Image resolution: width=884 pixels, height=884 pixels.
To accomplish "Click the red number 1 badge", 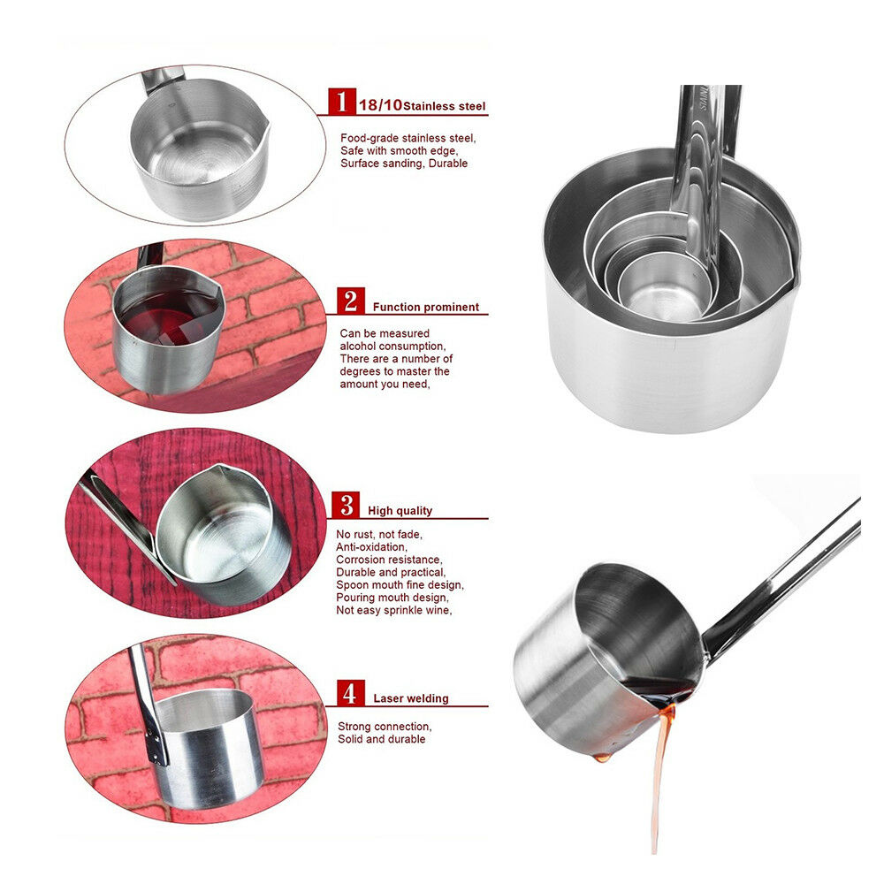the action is (341, 102).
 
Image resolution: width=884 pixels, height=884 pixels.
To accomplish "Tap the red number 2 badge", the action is (351, 301).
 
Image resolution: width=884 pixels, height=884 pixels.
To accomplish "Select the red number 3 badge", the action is (346, 505).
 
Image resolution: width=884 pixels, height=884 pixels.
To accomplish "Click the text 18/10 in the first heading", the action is (380, 105).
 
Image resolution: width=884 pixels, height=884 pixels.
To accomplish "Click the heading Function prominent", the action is (426, 308).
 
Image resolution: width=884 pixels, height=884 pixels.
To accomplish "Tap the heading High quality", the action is (400, 511).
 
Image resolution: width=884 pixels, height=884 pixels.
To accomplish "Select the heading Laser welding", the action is (410, 698).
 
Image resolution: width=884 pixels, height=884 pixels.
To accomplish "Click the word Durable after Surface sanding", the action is (448, 164).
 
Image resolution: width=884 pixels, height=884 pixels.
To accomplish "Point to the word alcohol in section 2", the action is (356, 347).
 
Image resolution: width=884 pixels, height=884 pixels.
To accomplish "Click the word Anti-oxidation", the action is (371, 547).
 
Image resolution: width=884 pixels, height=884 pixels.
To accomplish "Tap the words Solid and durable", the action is (382, 739).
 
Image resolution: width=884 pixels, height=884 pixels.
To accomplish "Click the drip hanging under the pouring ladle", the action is (602, 758).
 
